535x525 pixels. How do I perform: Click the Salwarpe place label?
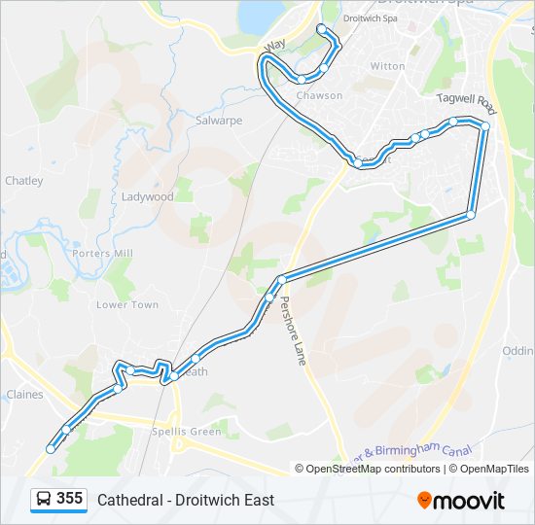point(218,121)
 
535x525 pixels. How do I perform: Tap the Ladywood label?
point(148,196)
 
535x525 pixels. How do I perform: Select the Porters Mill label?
point(108,254)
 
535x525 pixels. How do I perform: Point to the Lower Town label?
point(127,304)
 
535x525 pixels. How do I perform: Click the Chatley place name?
point(23,181)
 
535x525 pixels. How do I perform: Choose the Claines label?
point(24,395)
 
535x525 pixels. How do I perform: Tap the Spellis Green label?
point(187,432)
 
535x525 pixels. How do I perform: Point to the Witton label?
point(387,66)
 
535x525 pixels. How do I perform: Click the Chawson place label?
point(319,95)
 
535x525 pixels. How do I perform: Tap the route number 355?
point(70,498)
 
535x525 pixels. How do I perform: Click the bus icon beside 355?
point(44,499)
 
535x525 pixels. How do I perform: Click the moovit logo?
point(461,500)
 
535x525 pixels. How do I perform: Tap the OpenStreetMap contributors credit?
point(374,469)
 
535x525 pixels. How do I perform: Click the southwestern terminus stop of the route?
point(51,449)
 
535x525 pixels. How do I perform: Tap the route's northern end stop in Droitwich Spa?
point(322,29)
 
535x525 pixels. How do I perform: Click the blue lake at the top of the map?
point(259,14)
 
